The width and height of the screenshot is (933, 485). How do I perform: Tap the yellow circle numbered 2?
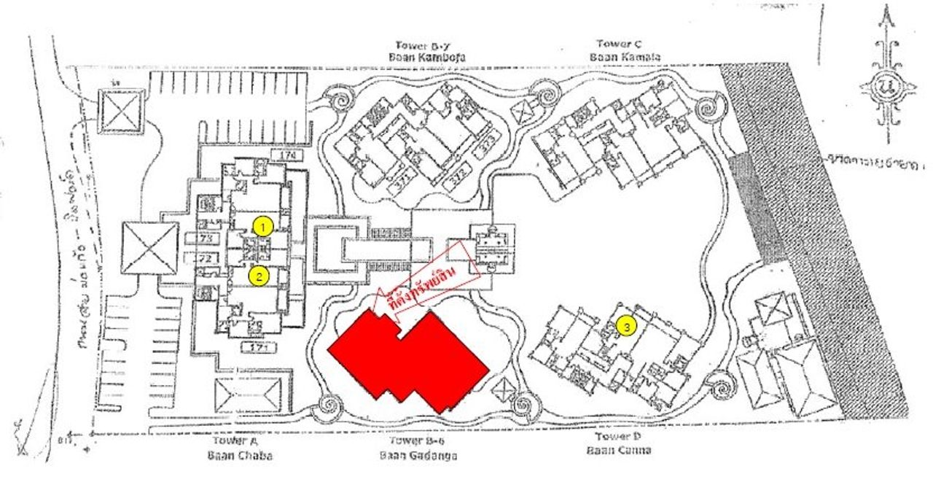(257, 276)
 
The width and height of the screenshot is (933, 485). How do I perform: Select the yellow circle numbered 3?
(624, 327)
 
